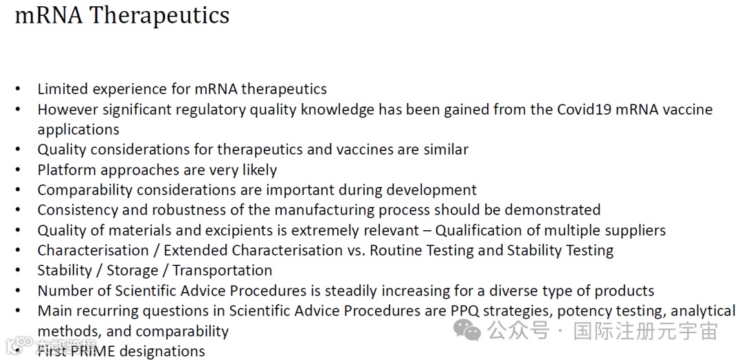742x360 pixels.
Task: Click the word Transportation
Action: (x=222, y=271)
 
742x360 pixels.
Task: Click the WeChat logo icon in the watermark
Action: (x=467, y=329)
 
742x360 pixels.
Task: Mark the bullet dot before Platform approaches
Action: (x=18, y=169)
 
